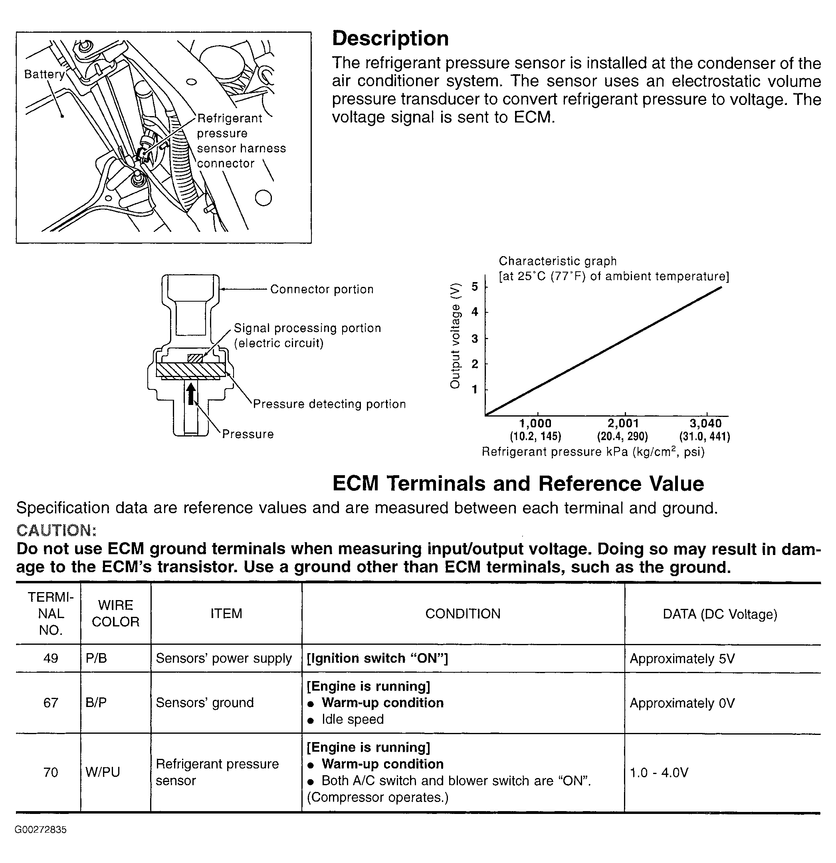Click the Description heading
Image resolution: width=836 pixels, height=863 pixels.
[x=390, y=39]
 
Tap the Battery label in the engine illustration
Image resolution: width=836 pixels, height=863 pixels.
[x=44, y=75]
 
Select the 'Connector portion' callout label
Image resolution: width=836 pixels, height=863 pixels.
[x=322, y=289]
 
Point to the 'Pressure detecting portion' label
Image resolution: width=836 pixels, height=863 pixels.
[x=329, y=404]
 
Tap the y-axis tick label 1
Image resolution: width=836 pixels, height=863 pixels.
[x=475, y=390]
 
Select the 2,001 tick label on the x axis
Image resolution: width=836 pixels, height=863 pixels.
[x=623, y=424]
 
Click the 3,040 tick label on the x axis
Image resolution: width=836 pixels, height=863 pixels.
[x=705, y=424]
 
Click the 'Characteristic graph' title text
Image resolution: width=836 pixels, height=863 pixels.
[x=557, y=261]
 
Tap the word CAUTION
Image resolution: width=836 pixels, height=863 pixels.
[x=56, y=530]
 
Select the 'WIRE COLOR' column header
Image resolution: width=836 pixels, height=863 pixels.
[x=115, y=613]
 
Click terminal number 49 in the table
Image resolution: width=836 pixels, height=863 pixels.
[x=51, y=658]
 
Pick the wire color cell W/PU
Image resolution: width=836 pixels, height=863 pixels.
[x=103, y=772]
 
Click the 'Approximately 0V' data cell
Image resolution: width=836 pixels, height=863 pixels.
[x=682, y=703]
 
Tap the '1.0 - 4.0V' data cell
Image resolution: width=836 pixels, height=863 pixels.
[x=659, y=772]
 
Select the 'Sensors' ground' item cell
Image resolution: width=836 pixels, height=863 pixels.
[x=204, y=703]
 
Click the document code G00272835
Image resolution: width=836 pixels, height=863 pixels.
[x=41, y=830]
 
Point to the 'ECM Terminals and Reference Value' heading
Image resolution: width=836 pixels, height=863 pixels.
[x=518, y=484]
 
